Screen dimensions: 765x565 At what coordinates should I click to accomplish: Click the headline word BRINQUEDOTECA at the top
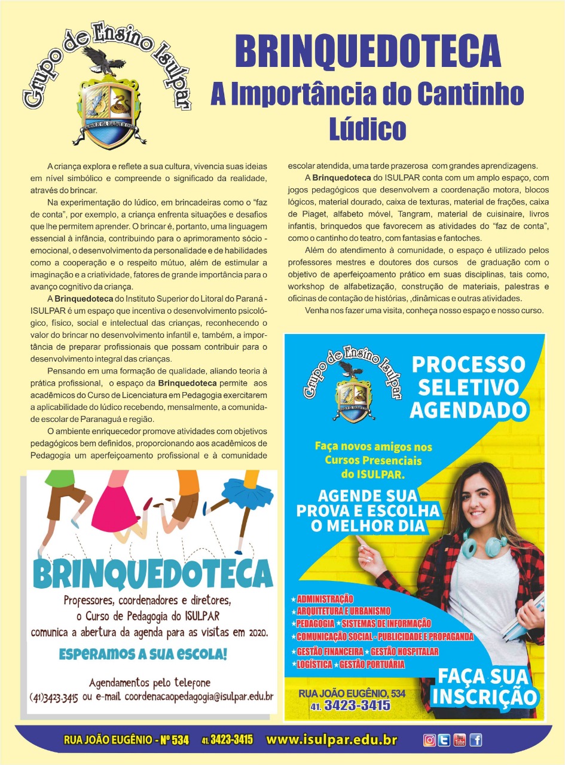[367, 51]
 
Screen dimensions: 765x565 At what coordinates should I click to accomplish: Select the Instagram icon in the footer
[429, 740]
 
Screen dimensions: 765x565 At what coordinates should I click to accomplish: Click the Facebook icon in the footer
[475, 740]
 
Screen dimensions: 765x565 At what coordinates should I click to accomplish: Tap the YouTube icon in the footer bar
[459, 740]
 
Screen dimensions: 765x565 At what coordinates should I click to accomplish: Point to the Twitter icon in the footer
[444, 740]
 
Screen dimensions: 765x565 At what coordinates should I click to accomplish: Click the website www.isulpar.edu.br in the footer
[331, 740]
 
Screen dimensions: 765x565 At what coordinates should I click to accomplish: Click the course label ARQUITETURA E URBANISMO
[343, 611]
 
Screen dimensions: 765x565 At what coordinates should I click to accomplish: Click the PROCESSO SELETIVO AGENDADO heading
[468, 387]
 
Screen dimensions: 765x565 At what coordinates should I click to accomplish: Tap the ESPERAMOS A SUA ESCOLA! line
[143, 654]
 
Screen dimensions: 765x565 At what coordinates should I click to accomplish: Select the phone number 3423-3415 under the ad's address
[358, 706]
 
